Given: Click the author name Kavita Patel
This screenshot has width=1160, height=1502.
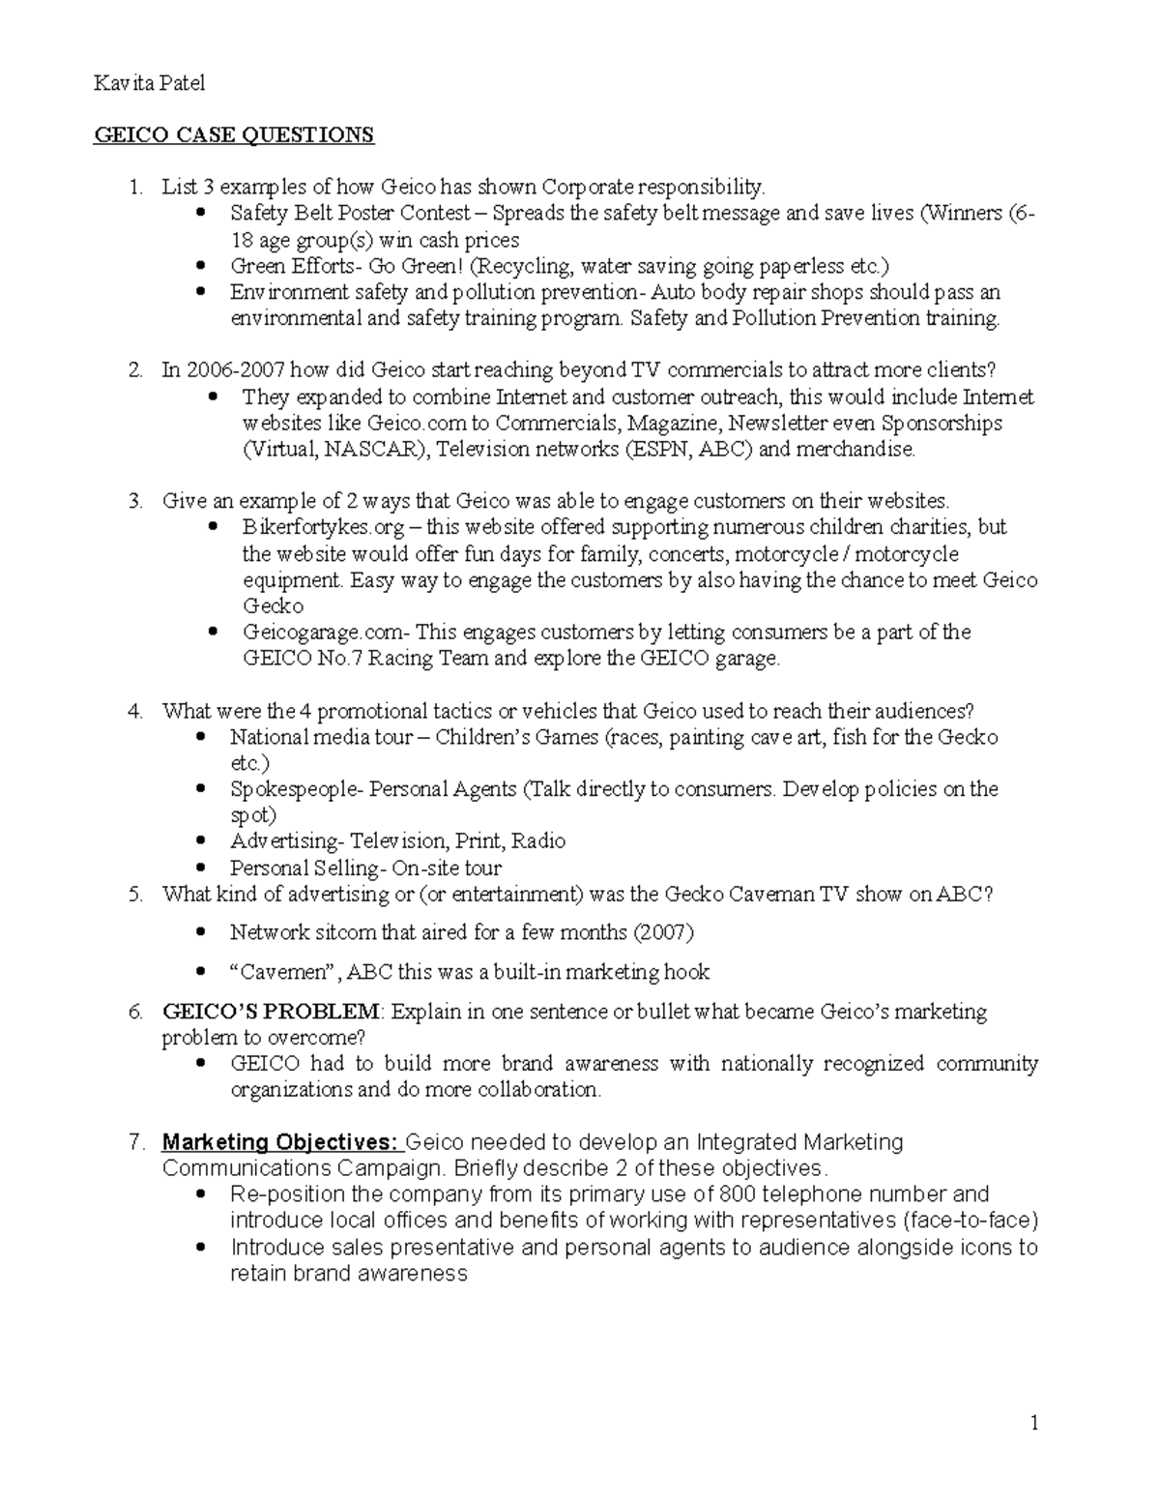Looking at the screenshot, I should point(149,84).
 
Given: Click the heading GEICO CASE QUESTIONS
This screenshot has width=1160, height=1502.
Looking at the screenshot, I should point(233,134).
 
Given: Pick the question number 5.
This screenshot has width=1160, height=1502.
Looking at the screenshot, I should point(135,895).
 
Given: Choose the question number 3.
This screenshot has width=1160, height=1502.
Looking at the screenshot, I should point(135,501).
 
